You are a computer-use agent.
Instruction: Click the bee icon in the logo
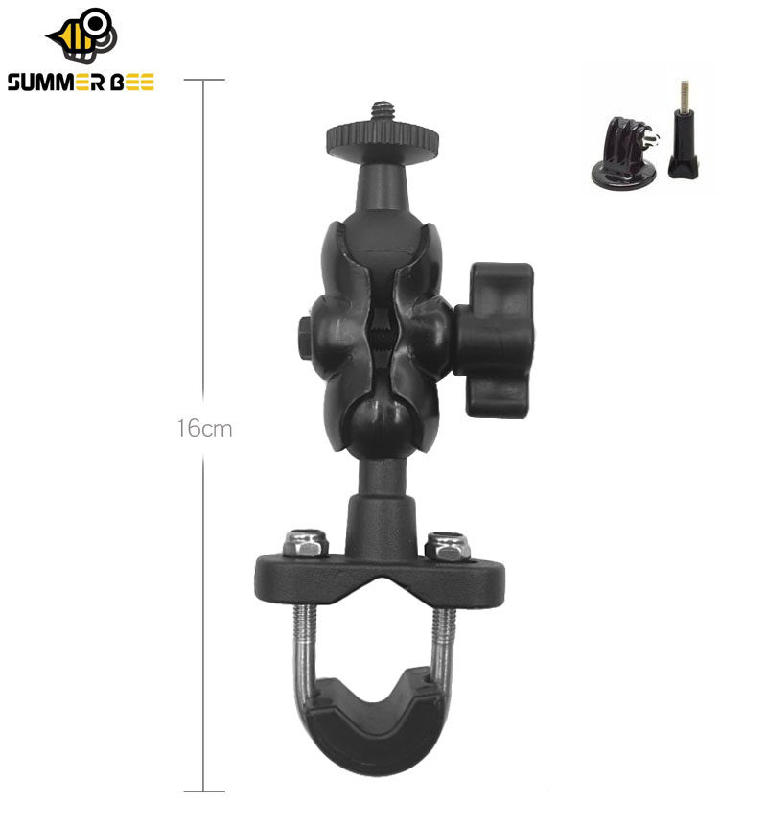tap(84, 35)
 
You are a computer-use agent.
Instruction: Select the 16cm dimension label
tap(204, 428)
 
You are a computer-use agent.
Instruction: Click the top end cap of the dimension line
tap(204, 80)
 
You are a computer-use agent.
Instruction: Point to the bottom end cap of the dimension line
tap(204, 791)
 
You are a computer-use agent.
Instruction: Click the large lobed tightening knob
tap(496, 341)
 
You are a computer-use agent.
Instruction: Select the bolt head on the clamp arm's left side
tap(306, 337)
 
